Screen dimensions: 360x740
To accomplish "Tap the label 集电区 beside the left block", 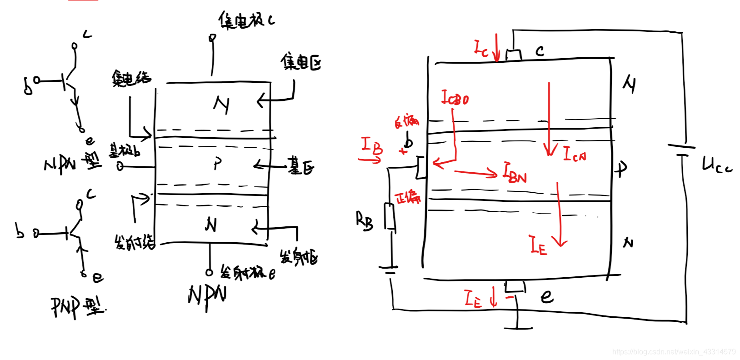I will tap(300, 62).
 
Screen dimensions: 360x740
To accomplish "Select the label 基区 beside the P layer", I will tap(300, 167).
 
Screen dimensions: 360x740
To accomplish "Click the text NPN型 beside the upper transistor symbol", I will tap(73, 163).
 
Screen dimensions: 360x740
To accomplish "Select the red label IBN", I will tap(515, 173).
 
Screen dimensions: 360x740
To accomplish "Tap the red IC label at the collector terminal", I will tap(481, 48).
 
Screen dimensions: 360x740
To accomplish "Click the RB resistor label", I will tap(364, 221).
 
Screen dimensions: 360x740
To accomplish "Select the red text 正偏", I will tap(408, 198).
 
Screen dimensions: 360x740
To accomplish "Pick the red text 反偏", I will tap(406, 121).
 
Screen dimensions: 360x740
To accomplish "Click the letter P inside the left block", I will tap(218, 164).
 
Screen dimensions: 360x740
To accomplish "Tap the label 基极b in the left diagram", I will tap(124, 150).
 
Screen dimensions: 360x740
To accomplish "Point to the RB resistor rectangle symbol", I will tap(390, 217).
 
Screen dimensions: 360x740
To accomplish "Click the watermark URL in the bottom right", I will tap(674, 352).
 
